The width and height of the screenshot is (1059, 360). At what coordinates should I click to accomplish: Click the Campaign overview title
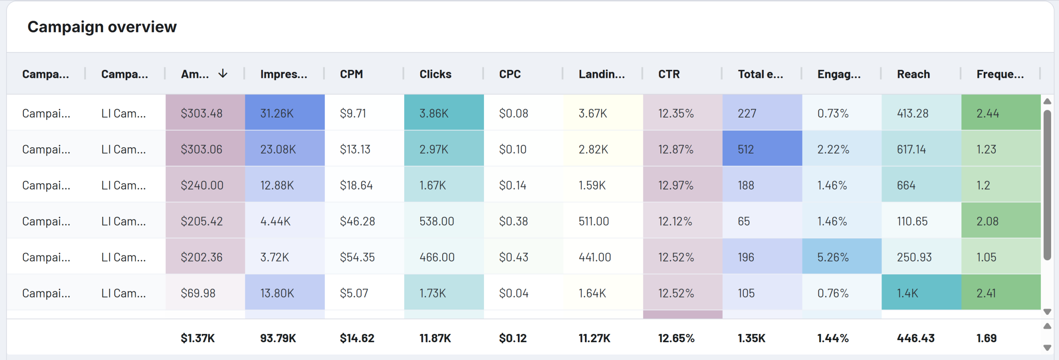coord(102,27)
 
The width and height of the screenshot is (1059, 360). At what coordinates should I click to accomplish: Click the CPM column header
coord(351,74)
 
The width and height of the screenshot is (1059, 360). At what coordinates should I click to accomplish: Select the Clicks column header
coord(435,74)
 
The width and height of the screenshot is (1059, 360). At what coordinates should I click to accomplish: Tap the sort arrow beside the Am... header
coord(223,74)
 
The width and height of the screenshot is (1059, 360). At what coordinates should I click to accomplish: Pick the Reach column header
coord(913,74)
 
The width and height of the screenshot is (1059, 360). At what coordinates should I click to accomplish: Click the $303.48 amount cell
coord(201,113)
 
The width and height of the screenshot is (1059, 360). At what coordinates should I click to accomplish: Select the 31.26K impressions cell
coord(277,113)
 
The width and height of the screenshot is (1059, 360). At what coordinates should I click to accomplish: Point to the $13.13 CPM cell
coord(355,149)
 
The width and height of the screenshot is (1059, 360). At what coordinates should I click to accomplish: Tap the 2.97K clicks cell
coord(434,149)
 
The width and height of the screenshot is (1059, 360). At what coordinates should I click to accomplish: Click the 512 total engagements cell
coord(746,149)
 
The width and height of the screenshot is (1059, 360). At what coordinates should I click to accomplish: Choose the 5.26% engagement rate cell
coord(833,257)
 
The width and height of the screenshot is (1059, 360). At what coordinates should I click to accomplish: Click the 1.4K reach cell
coord(907,293)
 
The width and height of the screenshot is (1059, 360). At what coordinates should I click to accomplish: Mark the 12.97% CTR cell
coord(676,185)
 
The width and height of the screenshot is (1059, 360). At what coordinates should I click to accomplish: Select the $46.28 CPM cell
coord(357,221)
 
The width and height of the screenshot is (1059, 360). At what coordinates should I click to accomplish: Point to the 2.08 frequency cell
coord(987,221)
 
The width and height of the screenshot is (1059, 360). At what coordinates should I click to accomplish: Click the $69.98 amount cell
coord(198,293)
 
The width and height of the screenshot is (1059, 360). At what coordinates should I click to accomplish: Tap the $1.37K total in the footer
coord(197,338)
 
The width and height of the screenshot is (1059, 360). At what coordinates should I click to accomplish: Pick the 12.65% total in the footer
coord(676,338)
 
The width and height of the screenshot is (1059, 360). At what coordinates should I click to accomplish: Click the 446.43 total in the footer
coord(915,338)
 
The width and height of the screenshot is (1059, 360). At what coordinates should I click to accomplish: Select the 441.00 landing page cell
coord(594,257)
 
